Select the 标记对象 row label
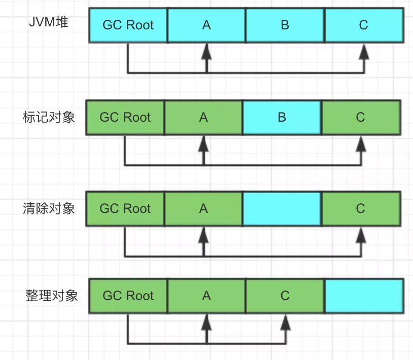pos(49,117)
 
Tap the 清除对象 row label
pos(49,208)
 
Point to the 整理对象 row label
pos(52,296)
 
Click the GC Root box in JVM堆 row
pos(128,25)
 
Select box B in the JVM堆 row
pos(285,25)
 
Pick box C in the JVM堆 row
pos(364,25)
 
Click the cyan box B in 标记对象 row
pos(282,117)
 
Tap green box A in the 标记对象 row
pos(203,117)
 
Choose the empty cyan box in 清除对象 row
pos(282,208)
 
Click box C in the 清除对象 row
pos(360,208)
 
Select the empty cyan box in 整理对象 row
pos(364,296)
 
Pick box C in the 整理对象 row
pos(285,296)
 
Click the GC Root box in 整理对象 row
pos(128,296)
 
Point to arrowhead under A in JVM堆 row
pos(206,50)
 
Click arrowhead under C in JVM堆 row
pos(364,50)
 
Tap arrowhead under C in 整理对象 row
pos(285,321)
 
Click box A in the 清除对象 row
pos(203,208)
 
